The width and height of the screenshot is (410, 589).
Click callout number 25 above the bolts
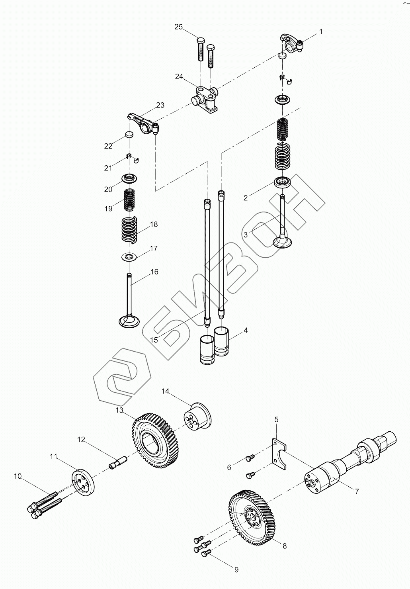(178, 27)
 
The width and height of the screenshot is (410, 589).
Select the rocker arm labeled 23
(143, 121)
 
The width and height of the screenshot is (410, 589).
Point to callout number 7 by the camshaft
(357, 491)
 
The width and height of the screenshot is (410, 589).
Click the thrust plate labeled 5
(280, 452)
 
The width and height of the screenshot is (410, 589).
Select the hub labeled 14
(197, 419)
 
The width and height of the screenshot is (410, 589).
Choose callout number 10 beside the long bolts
(18, 476)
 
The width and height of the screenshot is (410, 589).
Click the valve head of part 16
(129, 321)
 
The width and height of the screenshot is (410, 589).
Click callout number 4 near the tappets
(246, 330)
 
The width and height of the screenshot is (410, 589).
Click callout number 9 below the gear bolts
(236, 570)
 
